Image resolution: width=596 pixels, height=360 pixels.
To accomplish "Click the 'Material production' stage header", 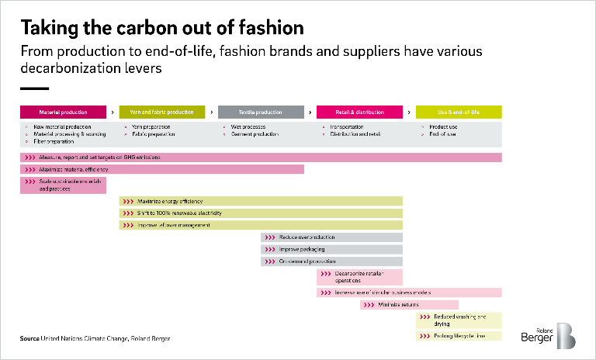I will coord(63,112).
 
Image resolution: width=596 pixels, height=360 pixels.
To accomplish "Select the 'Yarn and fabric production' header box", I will coord(162,112).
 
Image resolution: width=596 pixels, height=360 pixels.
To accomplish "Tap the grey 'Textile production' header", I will coord(261,112).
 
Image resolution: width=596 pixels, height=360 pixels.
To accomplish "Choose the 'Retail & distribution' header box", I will coord(360,112).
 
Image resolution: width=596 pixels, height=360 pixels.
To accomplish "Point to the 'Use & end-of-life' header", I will coord(459,112).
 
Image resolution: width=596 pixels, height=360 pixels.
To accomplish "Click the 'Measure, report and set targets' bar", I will coord(261,157).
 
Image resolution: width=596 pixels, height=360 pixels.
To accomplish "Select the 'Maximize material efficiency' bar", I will coord(161,169).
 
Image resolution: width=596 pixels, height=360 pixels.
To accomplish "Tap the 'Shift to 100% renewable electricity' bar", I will coord(261,213).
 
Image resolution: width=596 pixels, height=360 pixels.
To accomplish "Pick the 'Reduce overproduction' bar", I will coord(331,237).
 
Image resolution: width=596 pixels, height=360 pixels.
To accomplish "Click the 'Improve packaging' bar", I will coord(331,250).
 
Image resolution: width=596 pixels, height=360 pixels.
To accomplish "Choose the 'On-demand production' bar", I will coord(331,261).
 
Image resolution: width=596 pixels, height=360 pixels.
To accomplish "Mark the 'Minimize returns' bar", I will coord(409,305).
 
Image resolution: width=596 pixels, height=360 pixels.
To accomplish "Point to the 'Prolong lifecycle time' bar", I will coord(459,336).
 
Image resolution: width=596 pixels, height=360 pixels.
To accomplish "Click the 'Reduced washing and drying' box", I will coord(459,320).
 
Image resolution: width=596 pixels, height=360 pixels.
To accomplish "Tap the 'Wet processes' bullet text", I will coord(247,126).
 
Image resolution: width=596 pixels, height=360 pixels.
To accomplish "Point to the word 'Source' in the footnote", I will coord(29,339).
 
